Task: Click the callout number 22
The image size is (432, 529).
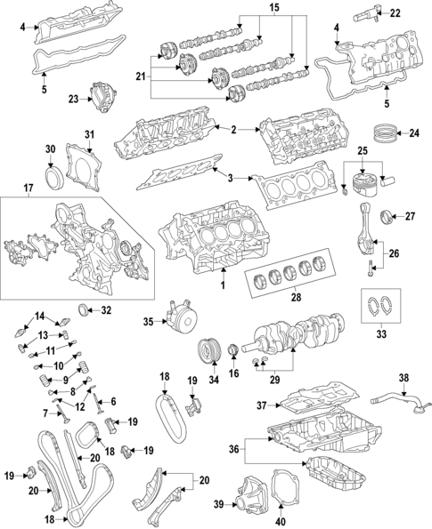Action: pos(395,13)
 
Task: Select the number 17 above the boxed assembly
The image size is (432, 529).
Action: pos(28,188)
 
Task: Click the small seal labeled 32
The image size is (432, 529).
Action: pos(85,310)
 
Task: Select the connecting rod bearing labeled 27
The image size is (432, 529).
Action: pos(387,216)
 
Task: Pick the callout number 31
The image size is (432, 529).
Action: pos(88,134)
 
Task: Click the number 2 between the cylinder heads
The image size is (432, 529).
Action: pos(233,130)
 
